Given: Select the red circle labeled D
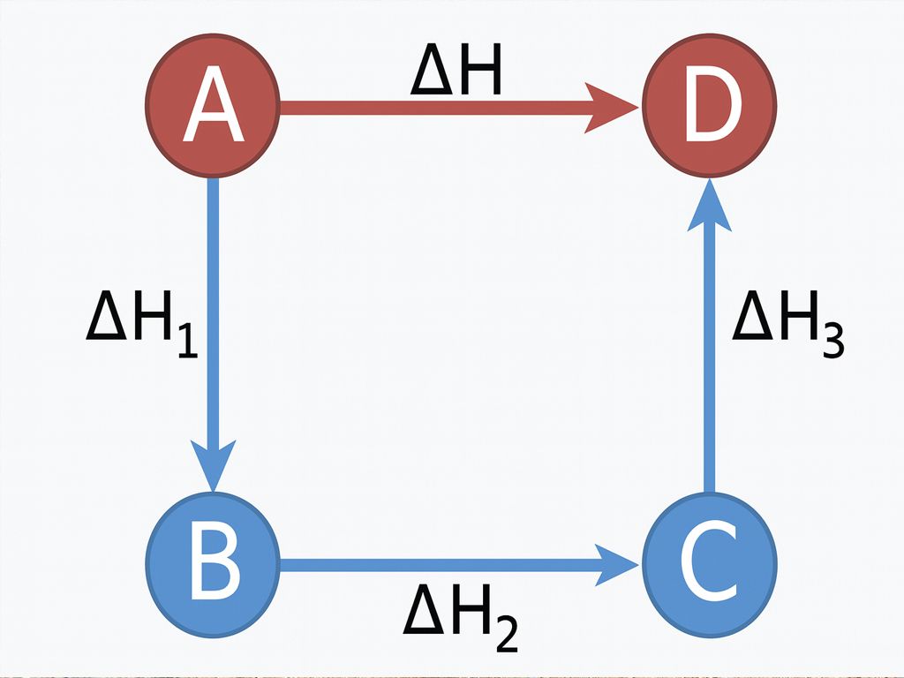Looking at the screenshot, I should point(711,108).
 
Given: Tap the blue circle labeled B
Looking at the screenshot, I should point(213,564).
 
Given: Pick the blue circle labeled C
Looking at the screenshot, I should point(711,564).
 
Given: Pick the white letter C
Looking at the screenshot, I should point(711,564).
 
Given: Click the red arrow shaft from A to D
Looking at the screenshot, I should point(433,108).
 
